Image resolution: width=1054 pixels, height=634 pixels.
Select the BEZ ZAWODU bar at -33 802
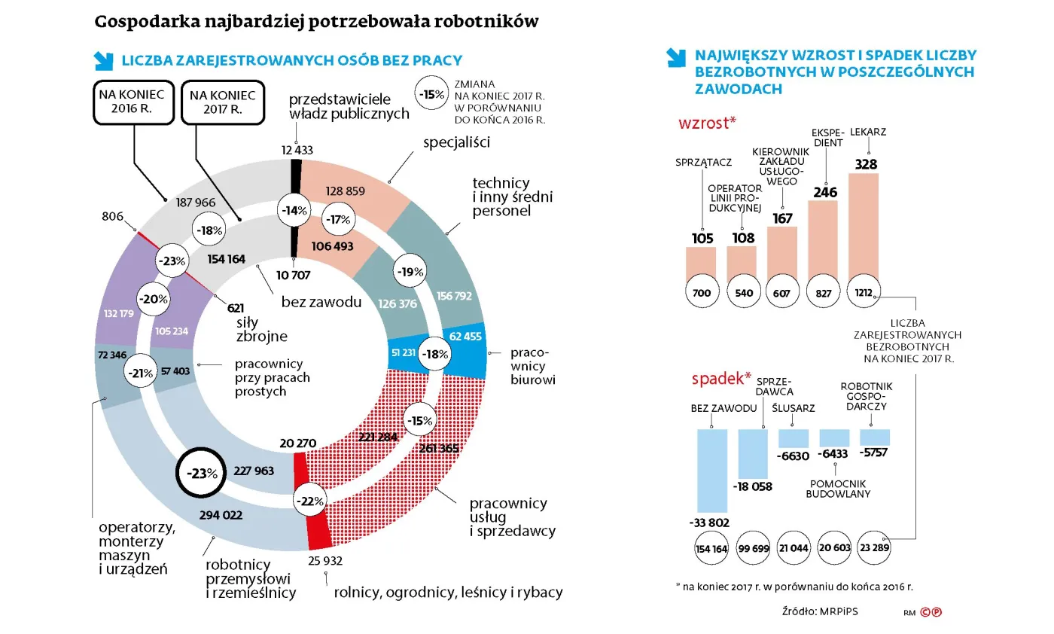pyautogui.click(x=712, y=470)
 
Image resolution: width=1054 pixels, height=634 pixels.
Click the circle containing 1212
pyautogui.click(x=864, y=292)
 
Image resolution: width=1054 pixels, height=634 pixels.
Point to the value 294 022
pyautogui.click(x=222, y=516)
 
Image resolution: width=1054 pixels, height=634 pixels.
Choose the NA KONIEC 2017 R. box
pyautogui.click(x=223, y=103)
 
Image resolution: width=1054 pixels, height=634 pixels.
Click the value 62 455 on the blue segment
pyautogui.click(x=465, y=337)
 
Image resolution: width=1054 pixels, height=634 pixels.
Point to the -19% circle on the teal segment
pyautogui.click(x=410, y=271)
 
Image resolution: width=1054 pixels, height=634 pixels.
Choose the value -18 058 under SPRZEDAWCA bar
pyautogui.click(x=753, y=486)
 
